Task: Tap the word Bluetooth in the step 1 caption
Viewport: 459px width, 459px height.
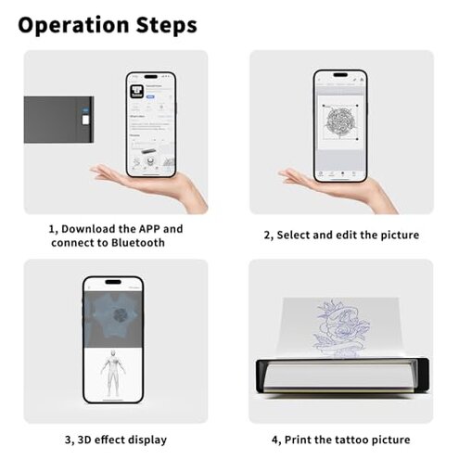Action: point(134,243)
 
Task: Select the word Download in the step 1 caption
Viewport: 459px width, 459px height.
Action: point(94,228)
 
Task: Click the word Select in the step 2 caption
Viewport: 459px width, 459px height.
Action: point(297,236)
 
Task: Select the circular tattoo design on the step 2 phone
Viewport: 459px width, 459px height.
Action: point(338,119)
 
